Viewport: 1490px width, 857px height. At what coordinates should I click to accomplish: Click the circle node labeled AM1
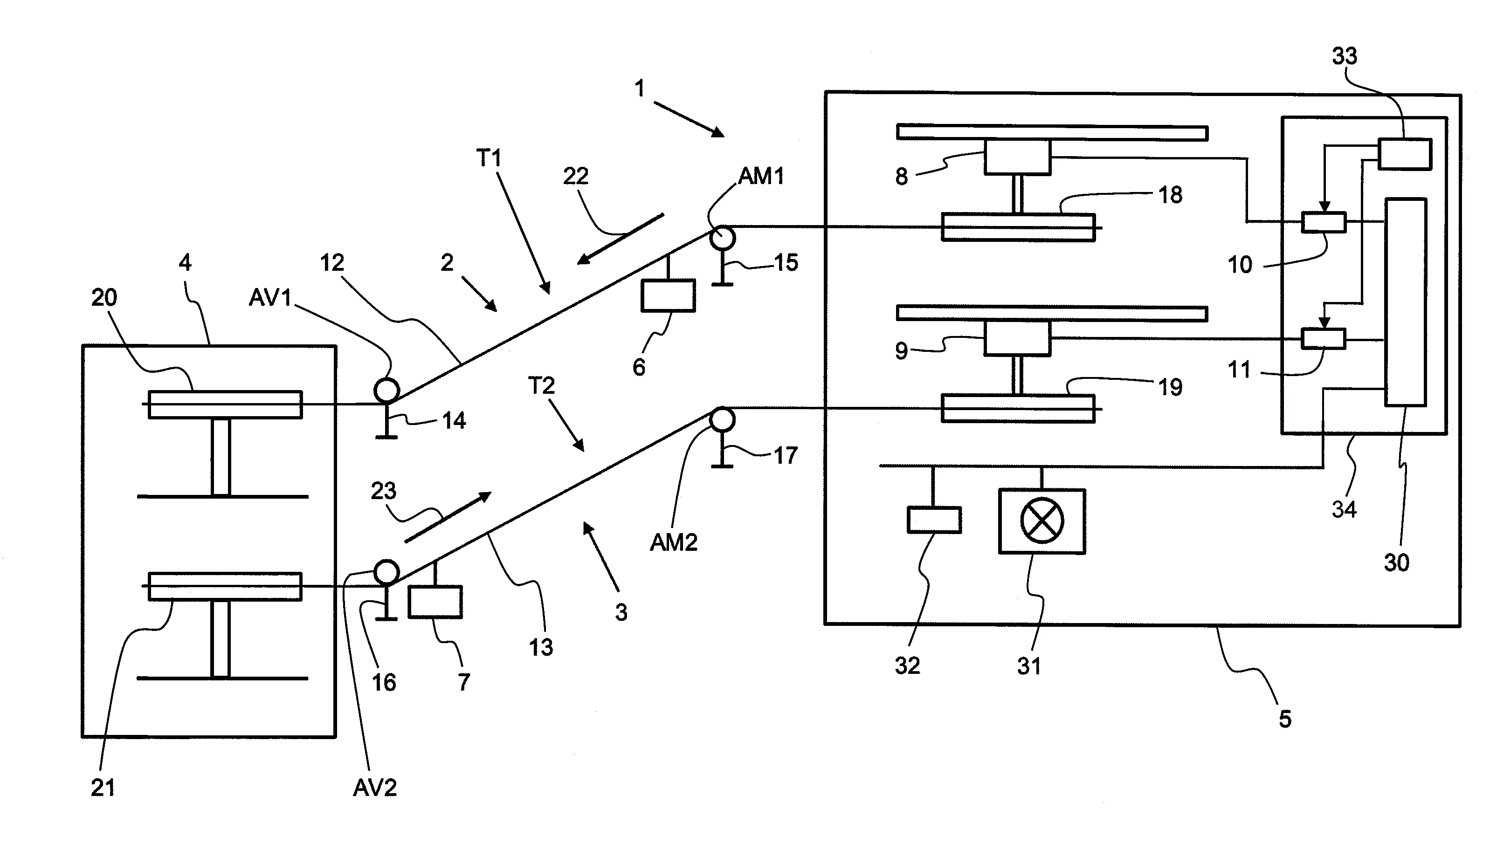pos(722,238)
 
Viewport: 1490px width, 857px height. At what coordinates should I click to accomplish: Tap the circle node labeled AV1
pos(387,390)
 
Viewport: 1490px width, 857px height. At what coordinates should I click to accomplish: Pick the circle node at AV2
pos(387,571)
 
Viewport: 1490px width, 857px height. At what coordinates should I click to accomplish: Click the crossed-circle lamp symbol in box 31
pos(1042,521)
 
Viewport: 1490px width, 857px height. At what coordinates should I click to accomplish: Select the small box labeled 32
pos(934,520)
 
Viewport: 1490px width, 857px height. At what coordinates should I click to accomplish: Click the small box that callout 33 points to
pos(1405,154)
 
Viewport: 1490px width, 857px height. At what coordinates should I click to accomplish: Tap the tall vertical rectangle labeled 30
pos(1405,302)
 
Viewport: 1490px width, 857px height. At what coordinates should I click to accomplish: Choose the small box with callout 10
pos(1324,222)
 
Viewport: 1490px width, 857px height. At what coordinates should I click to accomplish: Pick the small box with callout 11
pos(1324,338)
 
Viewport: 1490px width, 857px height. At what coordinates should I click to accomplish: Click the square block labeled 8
pos(1018,157)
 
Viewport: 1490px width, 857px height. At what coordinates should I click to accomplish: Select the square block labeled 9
pos(1018,338)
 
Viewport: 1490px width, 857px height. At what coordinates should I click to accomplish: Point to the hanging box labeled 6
pos(668,295)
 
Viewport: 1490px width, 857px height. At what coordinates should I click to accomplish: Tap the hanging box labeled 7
pos(435,602)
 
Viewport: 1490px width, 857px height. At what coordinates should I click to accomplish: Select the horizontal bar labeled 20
pos(225,405)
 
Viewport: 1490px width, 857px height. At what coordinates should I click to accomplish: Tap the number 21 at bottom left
pos(103,788)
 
